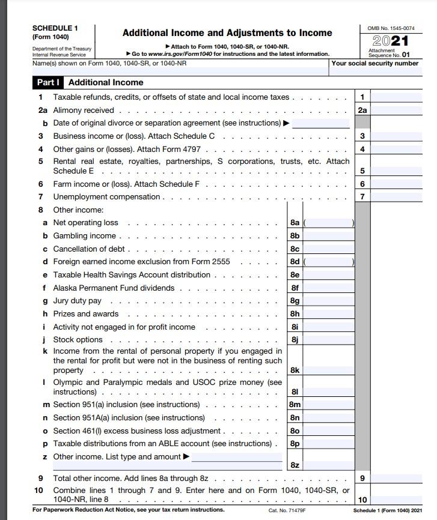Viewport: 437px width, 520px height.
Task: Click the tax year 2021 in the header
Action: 391,41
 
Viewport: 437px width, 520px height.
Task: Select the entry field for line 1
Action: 397,97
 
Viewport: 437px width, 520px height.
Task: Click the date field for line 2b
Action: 320,123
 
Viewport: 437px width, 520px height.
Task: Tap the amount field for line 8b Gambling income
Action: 329,236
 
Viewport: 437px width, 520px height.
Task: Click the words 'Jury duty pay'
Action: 77,301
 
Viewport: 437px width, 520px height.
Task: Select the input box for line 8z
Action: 329,465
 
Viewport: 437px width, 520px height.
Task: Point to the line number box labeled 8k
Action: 295,370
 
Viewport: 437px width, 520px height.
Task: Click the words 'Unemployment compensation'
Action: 106,197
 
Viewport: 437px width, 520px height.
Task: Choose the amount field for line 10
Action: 397,500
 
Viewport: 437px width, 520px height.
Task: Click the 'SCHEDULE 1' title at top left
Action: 55,28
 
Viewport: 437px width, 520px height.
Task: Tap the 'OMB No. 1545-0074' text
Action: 391,28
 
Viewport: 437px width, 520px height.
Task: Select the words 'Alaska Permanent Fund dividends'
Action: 114,288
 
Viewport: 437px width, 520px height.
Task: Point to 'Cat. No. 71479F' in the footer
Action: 287,510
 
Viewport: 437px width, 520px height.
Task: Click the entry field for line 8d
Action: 329,262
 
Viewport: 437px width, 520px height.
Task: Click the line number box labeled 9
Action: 362,479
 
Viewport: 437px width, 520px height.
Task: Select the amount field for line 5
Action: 397,171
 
